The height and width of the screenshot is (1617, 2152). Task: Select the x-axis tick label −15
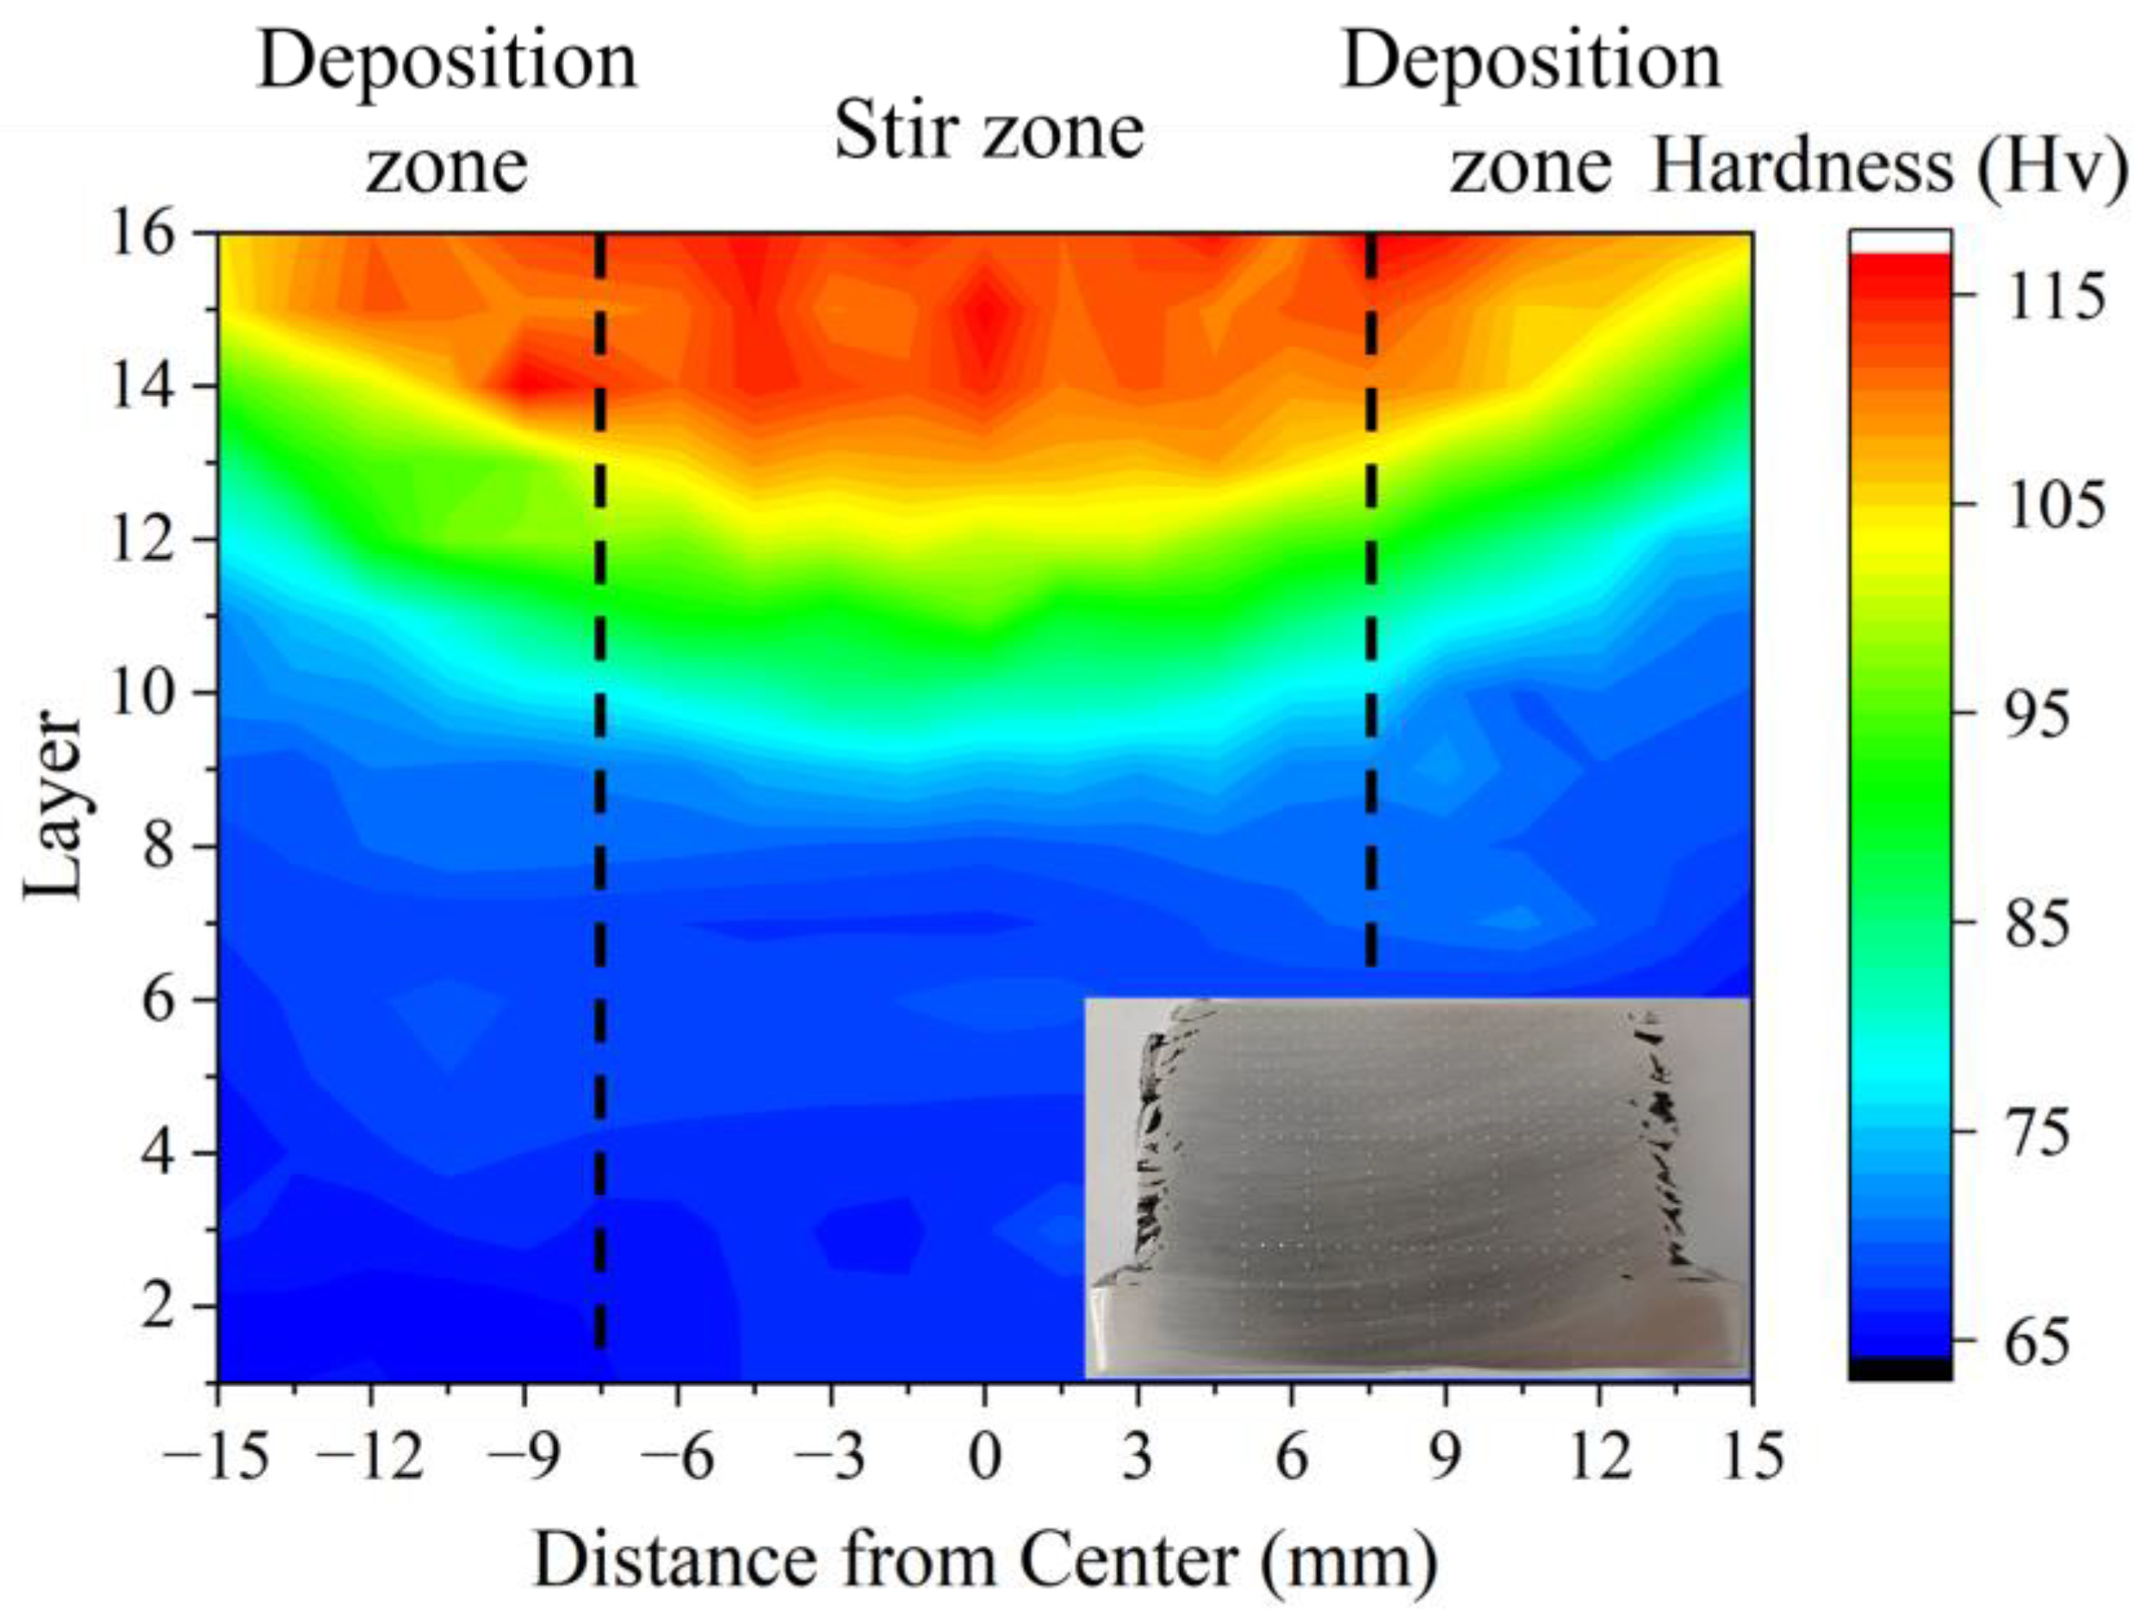point(216,1458)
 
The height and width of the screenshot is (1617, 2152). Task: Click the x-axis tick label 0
point(984,1458)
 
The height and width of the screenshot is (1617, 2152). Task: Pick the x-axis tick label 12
point(1598,1458)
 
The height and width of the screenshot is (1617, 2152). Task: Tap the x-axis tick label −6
point(678,1458)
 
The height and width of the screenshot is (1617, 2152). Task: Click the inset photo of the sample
point(1417,1187)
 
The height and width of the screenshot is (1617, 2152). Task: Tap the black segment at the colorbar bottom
point(1900,1369)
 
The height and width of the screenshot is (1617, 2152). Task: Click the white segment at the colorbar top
point(1900,240)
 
